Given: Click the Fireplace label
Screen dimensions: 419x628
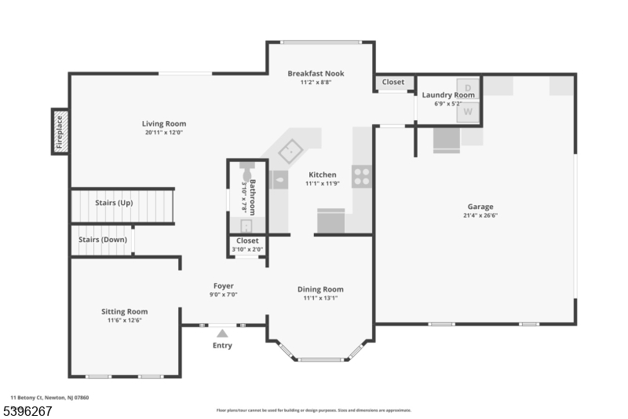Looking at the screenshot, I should pyautogui.click(x=59, y=131).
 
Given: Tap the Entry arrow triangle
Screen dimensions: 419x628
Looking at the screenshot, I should pyautogui.click(x=222, y=333).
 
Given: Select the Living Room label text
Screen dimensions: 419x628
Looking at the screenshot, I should pyautogui.click(x=164, y=123).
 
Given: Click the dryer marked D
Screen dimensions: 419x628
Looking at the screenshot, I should pyautogui.click(x=469, y=86).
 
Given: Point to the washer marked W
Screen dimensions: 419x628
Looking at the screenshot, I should pyautogui.click(x=469, y=112).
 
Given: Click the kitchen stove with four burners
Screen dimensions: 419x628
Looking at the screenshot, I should pyautogui.click(x=361, y=176).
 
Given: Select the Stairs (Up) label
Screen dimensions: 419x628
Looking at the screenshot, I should pyautogui.click(x=114, y=203).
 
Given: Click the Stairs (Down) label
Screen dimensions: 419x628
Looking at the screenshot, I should pyautogui.click(x=102, y=240).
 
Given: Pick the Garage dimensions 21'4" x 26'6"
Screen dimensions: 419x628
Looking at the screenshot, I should pyautogui.click(x=480, y=215).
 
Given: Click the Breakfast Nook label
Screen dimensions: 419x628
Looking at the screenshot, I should pyautogui.click(x=316, y=74).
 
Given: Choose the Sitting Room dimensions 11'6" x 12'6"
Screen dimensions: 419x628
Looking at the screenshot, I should pyautogui.click(x=125, y=320).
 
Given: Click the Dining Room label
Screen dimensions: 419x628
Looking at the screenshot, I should pyautogui.click(x=320, y=289).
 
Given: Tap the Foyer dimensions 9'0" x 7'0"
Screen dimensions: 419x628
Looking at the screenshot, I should pyautogui.click(x=224, y=295).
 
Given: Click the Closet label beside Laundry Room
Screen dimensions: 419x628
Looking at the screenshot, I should pyautogui.click(x=393, y=82).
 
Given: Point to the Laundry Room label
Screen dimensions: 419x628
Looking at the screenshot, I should pyautogui.click(x=448, y=95).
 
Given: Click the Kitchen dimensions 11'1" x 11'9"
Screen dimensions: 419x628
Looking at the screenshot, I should pyautogui.click(x=322, y=184).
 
